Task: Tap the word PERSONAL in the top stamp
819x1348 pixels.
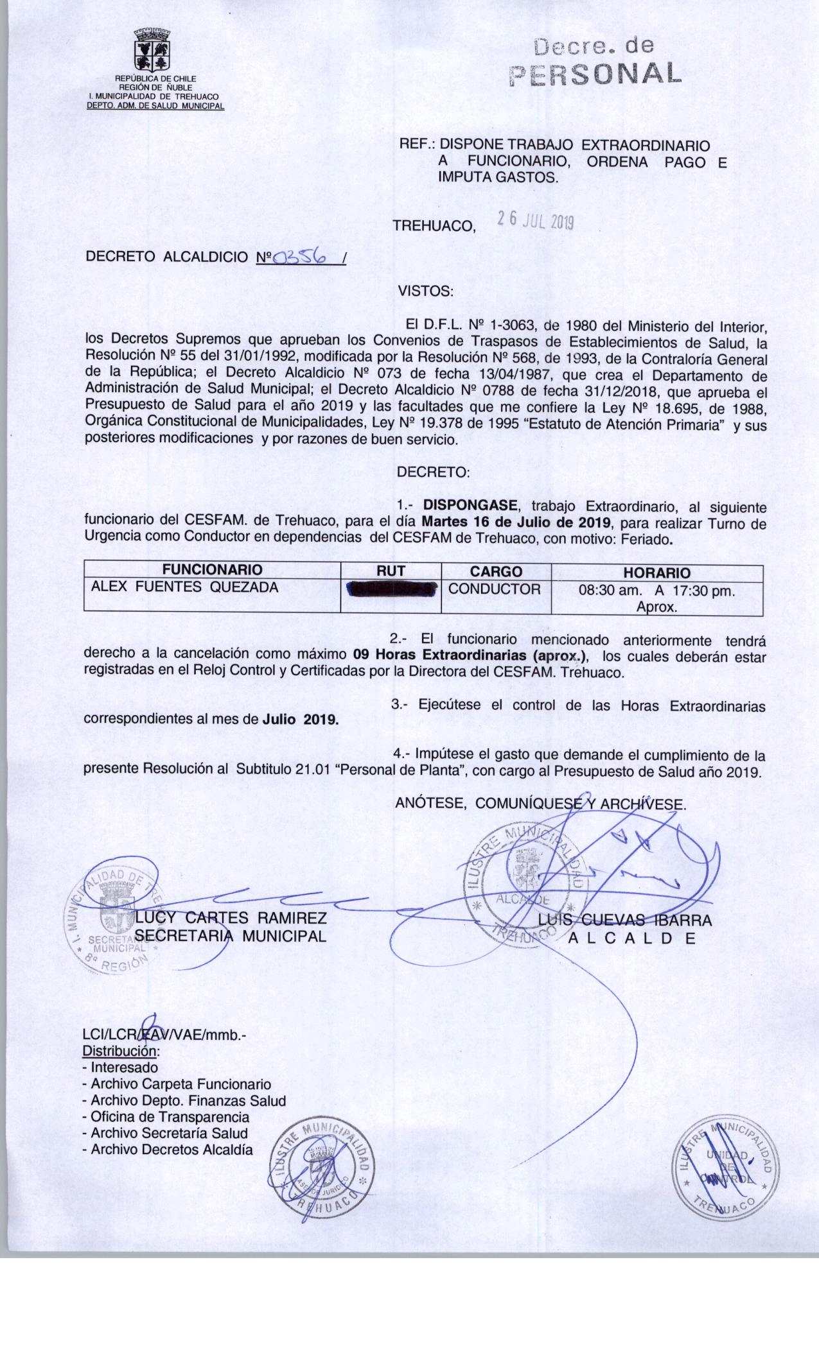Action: click(594, 75)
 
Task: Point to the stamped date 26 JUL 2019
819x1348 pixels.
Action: click(535, 221)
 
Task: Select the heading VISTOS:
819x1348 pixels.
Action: click(426, 291)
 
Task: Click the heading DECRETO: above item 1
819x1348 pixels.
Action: click(434, 473)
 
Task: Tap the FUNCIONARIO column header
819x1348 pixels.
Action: click(212, 570)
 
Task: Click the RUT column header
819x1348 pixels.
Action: click(391, 571)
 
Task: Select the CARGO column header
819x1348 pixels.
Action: click(495, 571)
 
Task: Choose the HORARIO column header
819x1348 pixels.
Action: click(656, 573)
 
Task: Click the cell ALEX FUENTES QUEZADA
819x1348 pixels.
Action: click(185, 587)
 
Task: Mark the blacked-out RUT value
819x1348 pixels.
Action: click(391, 589)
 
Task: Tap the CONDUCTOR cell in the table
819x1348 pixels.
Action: click(495, 589)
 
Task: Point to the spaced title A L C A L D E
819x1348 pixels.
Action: click(633, 938)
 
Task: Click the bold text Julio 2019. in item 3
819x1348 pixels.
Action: click(301, 720)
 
